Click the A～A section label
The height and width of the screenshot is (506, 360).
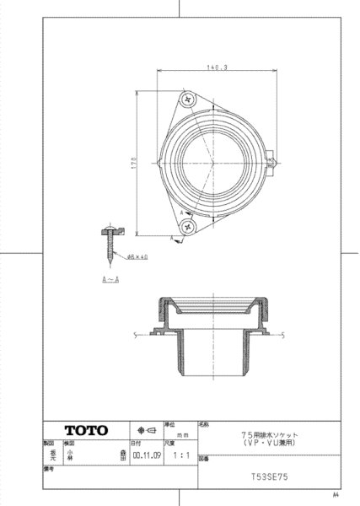pos(110,278)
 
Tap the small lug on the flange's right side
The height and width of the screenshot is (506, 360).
pos(271,157)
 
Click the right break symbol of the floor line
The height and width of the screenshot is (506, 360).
pos(282,336)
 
